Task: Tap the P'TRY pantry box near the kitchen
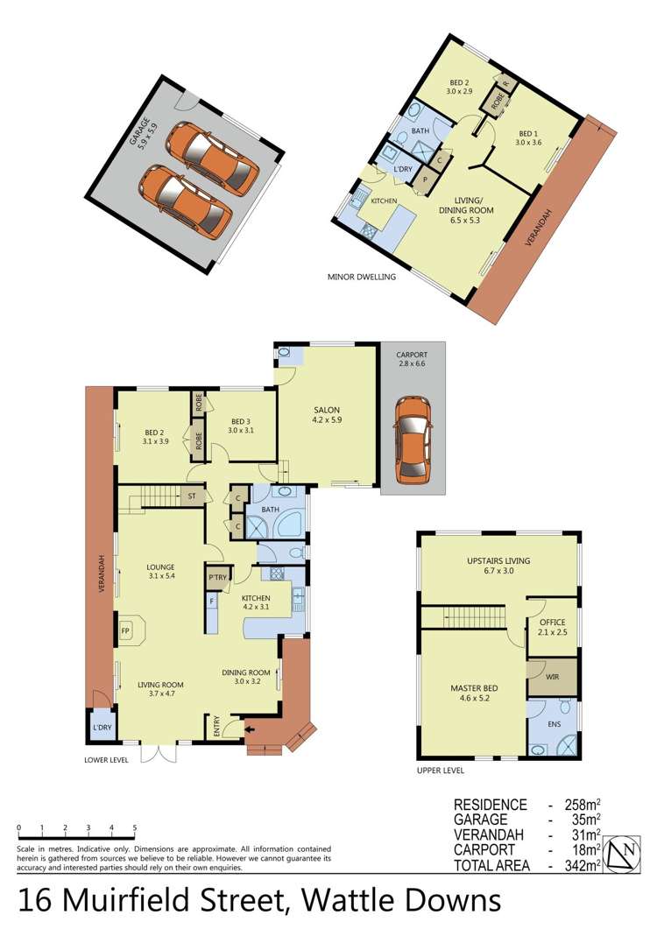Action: (x=215, y=578)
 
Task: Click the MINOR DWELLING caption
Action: (x=362, y=277)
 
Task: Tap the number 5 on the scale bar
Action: (x=134, y=827)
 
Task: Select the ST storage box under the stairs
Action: (x=191, y=496)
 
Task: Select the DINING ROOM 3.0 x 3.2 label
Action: (x=248, y=676)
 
